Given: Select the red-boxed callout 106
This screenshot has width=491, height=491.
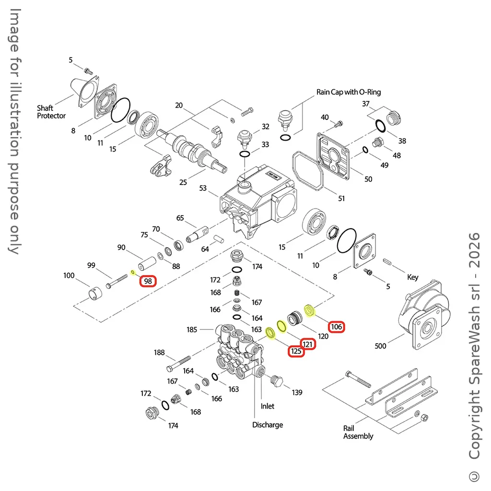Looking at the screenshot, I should tap(337, 327).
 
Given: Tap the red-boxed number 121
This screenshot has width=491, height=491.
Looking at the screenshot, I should tap(308, 344).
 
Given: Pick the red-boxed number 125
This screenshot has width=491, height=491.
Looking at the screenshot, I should tap(296, 352).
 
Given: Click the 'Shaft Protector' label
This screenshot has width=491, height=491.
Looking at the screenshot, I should tap(51, 112).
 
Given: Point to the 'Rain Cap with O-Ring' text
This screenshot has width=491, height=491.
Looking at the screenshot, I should tap(349, 92).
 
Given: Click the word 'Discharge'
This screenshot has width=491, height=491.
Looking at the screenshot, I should tap(268, 425).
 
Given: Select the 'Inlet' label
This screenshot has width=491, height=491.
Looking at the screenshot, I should tap(268, 406).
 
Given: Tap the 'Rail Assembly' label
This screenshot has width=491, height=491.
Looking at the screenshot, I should tap(358, 432).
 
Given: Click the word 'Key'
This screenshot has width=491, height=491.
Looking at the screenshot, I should tap(412, 277).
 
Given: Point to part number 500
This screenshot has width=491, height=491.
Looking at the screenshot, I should tap(380, 346).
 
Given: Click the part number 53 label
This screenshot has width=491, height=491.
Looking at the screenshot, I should tap(203, 188).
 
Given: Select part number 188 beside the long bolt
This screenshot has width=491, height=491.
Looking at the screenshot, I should tap(159, 353).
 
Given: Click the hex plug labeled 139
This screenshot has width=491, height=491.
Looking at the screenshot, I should tap(277, 381).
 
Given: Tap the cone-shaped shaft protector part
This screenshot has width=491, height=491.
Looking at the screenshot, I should tap(88, 89).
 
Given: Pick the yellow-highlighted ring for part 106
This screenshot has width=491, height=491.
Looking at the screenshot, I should tap(310, 311).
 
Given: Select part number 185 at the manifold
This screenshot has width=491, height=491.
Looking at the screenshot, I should tap(192, 329).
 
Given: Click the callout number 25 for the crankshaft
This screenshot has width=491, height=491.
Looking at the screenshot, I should tap(183, 183).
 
